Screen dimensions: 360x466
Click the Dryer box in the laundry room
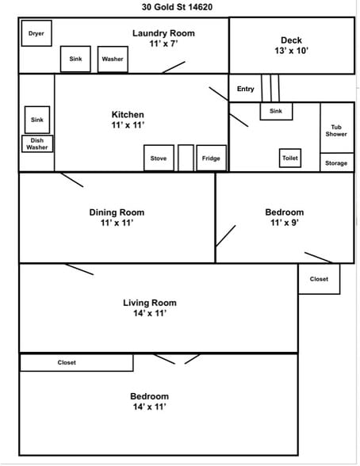(x=36, y=33)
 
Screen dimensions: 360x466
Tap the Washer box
(x=113, y=59)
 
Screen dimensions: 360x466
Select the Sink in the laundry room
(x=75, y=59)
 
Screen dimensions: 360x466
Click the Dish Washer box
(x=37, y=144)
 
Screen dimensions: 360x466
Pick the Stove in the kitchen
(x=159, y=159)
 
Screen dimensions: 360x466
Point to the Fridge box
(x=212, y=159)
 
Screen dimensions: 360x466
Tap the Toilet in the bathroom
(x=290, y=158)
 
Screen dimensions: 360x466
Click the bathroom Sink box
(x=276, y=111)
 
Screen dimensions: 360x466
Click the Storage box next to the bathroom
(x=337, y=162)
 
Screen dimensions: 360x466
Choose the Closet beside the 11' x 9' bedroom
(x=319, y=279)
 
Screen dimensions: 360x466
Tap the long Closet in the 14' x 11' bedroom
(x=76, y=363)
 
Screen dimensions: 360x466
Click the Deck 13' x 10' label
(x=291, y=45)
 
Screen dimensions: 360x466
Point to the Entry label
(x=246, y=89)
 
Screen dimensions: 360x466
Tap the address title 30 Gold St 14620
(x=177, y=7)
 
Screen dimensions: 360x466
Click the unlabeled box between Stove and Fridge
(x=186, y=159)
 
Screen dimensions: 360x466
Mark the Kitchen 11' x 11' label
(x=128, y=120)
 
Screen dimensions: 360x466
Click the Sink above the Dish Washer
(x=37, y=120)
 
